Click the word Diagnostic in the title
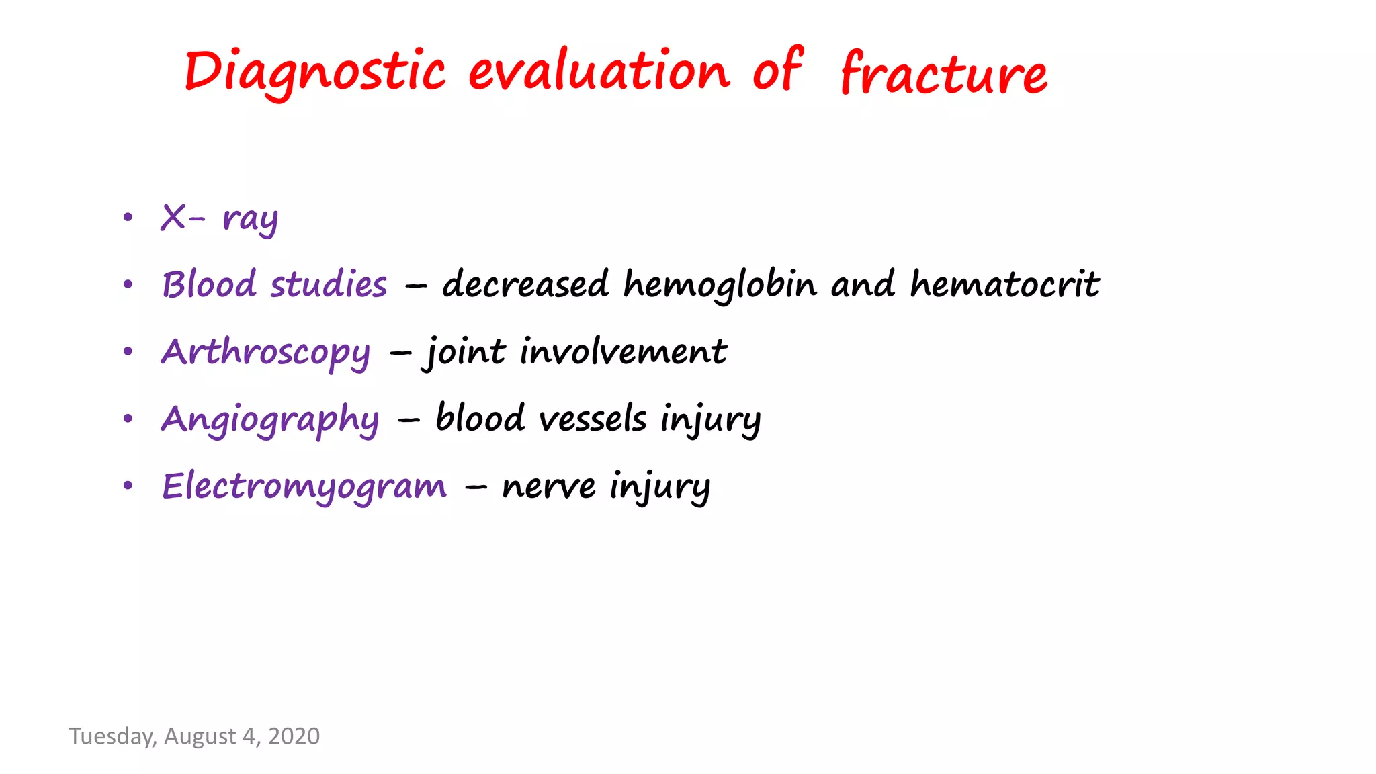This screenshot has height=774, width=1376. [314, 71]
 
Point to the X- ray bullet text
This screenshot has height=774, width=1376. [219, 218]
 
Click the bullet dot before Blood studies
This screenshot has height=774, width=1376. [128, 285]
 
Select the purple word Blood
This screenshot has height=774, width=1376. [209, 284]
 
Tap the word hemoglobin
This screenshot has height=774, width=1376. [720, 284]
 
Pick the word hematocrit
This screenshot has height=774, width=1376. [1004, 284]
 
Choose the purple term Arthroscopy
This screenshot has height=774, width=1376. [265, 352]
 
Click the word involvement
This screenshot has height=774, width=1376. [623, 351]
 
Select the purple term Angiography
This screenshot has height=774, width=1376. [270, 419]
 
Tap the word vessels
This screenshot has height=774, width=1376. [593, 419]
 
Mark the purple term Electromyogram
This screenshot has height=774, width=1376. [304, 486]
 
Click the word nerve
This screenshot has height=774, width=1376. [548, 486]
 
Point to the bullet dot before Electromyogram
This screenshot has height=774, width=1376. [128, 486]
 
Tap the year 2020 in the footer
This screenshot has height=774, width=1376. [294, 736]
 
